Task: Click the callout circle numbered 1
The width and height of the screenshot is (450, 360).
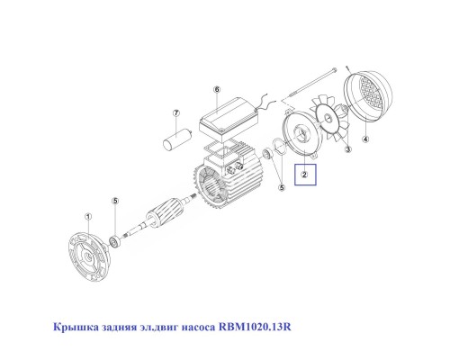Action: click(87, 217)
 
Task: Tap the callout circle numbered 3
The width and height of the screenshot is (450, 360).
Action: click(346, 152)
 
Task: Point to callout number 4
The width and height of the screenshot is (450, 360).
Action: click(365, 139)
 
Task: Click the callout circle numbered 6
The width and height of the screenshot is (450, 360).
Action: click(217, 90)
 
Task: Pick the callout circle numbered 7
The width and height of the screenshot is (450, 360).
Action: click(176, 114)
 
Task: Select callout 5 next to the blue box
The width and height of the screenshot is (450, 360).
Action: click(281, 187)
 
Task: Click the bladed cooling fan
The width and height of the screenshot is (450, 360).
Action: click(334, 121)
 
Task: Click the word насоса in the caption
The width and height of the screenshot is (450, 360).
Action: click(187, 326)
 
